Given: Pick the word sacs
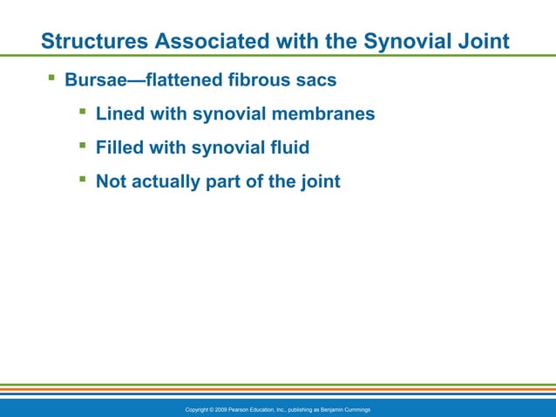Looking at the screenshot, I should pos(316,80).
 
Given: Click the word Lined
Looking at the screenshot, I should pos(119,113).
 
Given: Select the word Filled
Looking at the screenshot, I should pos(119,147).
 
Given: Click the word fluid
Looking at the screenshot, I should pos(288,147).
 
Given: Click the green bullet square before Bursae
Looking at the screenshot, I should pos(51,79).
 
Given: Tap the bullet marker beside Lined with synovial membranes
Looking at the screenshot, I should pos(82,112).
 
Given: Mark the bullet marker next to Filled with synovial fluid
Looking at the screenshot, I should pos(82,146).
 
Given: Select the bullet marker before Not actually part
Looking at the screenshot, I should pos(82,180).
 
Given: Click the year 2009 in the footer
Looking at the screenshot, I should pos(220,409).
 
